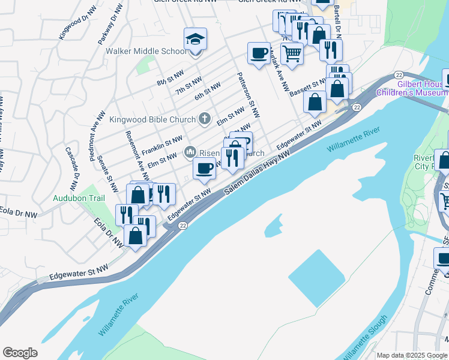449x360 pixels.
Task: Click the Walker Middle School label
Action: click(146, 51)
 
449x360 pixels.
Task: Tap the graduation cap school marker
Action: click(195, 40)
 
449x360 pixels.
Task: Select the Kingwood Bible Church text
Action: click(152, 119)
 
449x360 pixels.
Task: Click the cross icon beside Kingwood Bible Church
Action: click(205, 119)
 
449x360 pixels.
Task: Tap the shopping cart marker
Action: click(292, 53)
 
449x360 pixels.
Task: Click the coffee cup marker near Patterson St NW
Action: click(259, 53)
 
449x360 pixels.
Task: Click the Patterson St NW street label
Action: click(248, 95)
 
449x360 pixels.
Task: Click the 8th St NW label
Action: click(169, 80)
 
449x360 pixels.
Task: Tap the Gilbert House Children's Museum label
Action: click(412, 88)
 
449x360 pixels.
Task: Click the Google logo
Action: click(20, 353)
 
